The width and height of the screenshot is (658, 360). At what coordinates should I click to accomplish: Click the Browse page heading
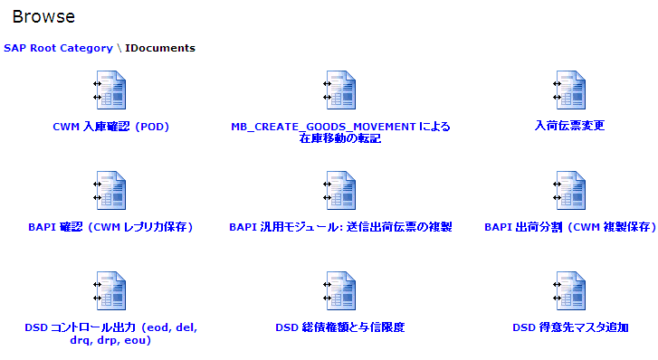43,17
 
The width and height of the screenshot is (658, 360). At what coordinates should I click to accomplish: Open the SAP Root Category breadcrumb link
58,48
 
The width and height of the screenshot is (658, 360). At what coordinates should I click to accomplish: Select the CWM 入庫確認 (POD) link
110,127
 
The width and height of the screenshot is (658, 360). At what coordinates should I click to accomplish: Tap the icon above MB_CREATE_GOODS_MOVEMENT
340,90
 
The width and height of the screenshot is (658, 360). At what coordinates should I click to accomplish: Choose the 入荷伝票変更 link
570,126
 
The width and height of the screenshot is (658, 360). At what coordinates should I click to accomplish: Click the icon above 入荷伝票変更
570,90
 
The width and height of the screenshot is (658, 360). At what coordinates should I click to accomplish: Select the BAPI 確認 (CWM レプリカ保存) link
110,227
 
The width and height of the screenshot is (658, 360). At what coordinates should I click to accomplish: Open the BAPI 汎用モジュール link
340,227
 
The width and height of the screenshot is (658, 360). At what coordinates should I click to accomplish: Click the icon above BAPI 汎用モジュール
340,190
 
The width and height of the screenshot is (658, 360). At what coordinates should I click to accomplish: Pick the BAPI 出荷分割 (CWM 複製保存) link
570,227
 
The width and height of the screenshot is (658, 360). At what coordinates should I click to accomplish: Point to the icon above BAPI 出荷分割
570,190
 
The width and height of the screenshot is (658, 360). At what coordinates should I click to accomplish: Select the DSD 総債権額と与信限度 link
340,327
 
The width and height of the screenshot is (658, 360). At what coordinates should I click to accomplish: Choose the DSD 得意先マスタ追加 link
570,327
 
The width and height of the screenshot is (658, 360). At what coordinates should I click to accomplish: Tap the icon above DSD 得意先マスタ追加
570,290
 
